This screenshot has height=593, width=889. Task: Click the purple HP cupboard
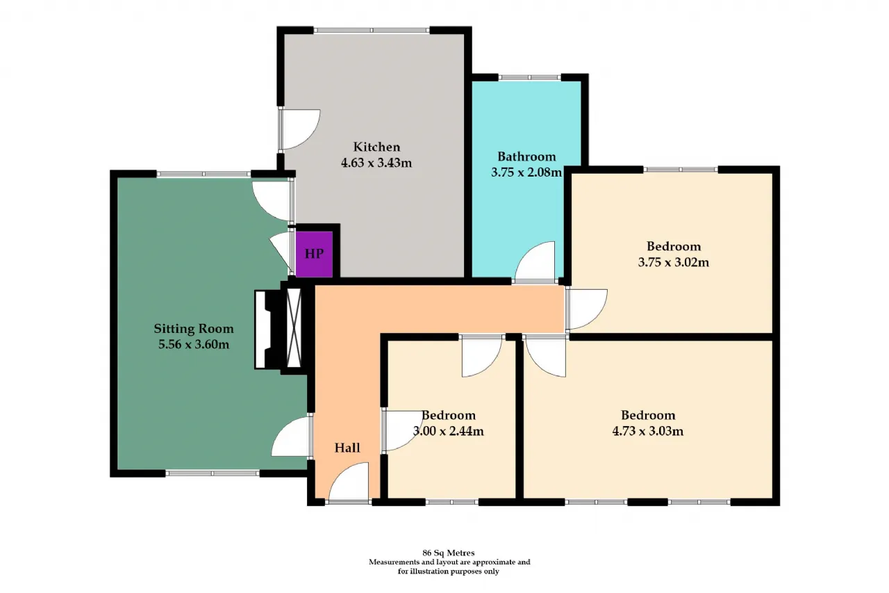314,254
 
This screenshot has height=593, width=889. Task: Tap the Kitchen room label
376,147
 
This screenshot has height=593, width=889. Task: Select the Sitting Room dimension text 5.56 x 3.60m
194,344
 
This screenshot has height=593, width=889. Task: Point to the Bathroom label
526,156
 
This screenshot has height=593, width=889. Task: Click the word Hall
347,448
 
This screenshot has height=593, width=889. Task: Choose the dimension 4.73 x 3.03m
648,431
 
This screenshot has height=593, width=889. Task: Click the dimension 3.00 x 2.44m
449,431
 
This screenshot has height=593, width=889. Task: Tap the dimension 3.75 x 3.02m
674,262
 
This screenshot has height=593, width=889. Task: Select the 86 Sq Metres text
449,553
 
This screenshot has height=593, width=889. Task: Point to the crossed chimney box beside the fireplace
294,328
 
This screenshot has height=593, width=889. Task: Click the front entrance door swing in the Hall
349,481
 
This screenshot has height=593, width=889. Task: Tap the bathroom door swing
535,261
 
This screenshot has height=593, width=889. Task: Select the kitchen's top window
372,30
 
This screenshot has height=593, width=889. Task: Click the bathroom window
529,77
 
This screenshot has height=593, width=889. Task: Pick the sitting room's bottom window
213,473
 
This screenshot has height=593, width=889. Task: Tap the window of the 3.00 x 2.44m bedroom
452,502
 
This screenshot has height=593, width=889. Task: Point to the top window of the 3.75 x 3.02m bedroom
680,170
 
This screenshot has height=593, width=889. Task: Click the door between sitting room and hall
291,437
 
